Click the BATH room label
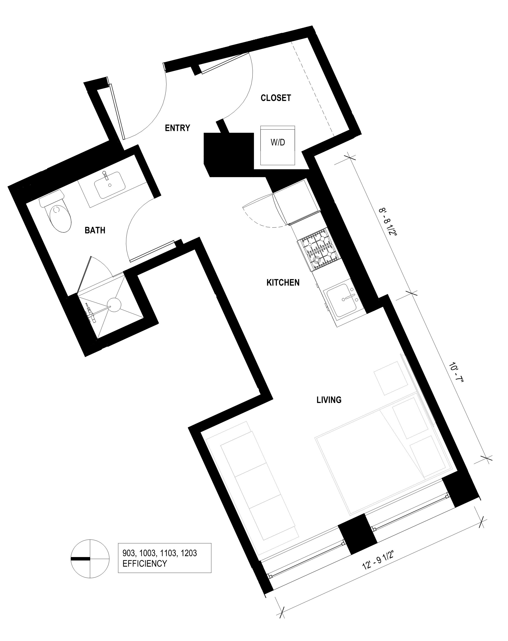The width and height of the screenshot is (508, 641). [95, 230]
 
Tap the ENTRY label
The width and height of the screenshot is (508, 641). [178, 128]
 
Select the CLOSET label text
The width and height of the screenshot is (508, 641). [276, 98]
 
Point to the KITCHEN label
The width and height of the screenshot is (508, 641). [283, 282]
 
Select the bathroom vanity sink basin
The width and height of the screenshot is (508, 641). [110, 185]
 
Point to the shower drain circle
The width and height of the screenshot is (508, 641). [114, 305]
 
